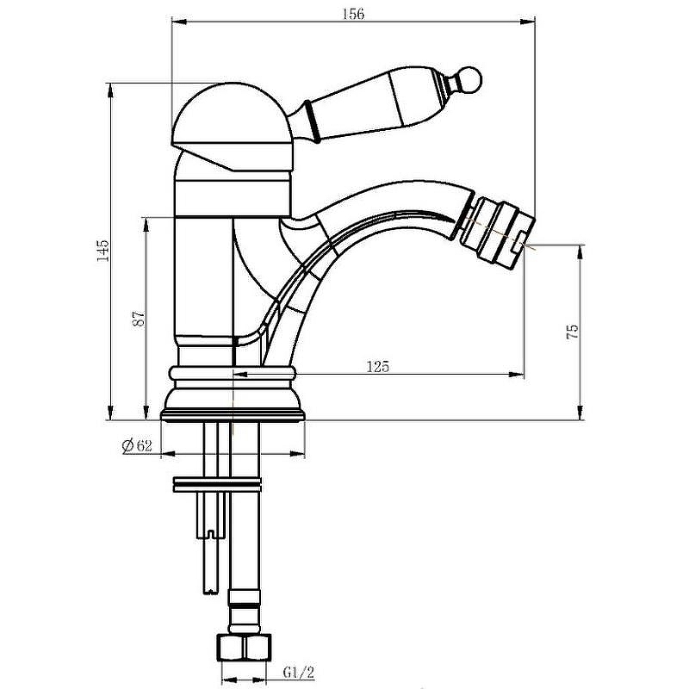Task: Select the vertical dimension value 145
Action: [103, 250]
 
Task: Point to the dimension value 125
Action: [378, 366]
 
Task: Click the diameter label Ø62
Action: [137, 445]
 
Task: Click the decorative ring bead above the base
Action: [233, 374]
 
